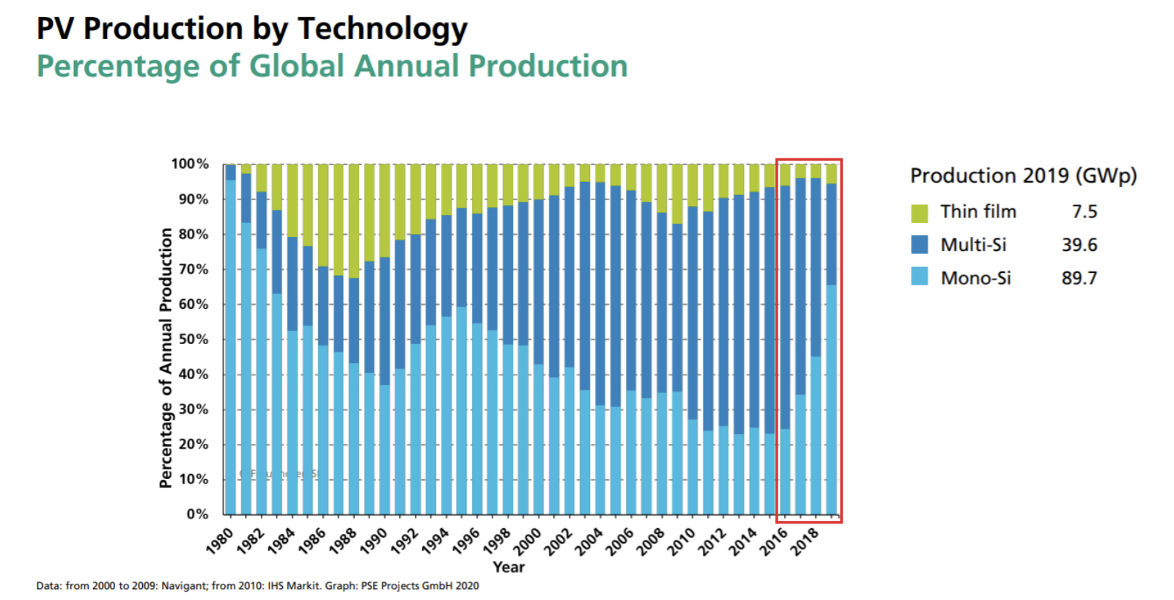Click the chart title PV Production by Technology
pos(251,29)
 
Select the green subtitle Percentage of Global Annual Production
pos(332,66)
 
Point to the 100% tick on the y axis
pos(190,164)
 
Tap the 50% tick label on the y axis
pos(193,339)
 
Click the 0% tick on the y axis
pos(197,514)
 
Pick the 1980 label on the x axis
pos(220,541)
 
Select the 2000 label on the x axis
pos(527,541)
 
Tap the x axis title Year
pos(509,567)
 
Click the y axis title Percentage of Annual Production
pos(166,357)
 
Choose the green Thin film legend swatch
pos(919,213)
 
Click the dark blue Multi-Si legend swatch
pos(919,244)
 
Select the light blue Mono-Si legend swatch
pos(919,277)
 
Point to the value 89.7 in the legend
pos(1079,278)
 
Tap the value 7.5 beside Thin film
pos(1084,212)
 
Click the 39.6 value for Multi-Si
pos(1079,245)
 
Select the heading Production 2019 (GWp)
pos(1023,176)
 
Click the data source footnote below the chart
pos(257,585)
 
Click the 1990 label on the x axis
pos(374,541)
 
